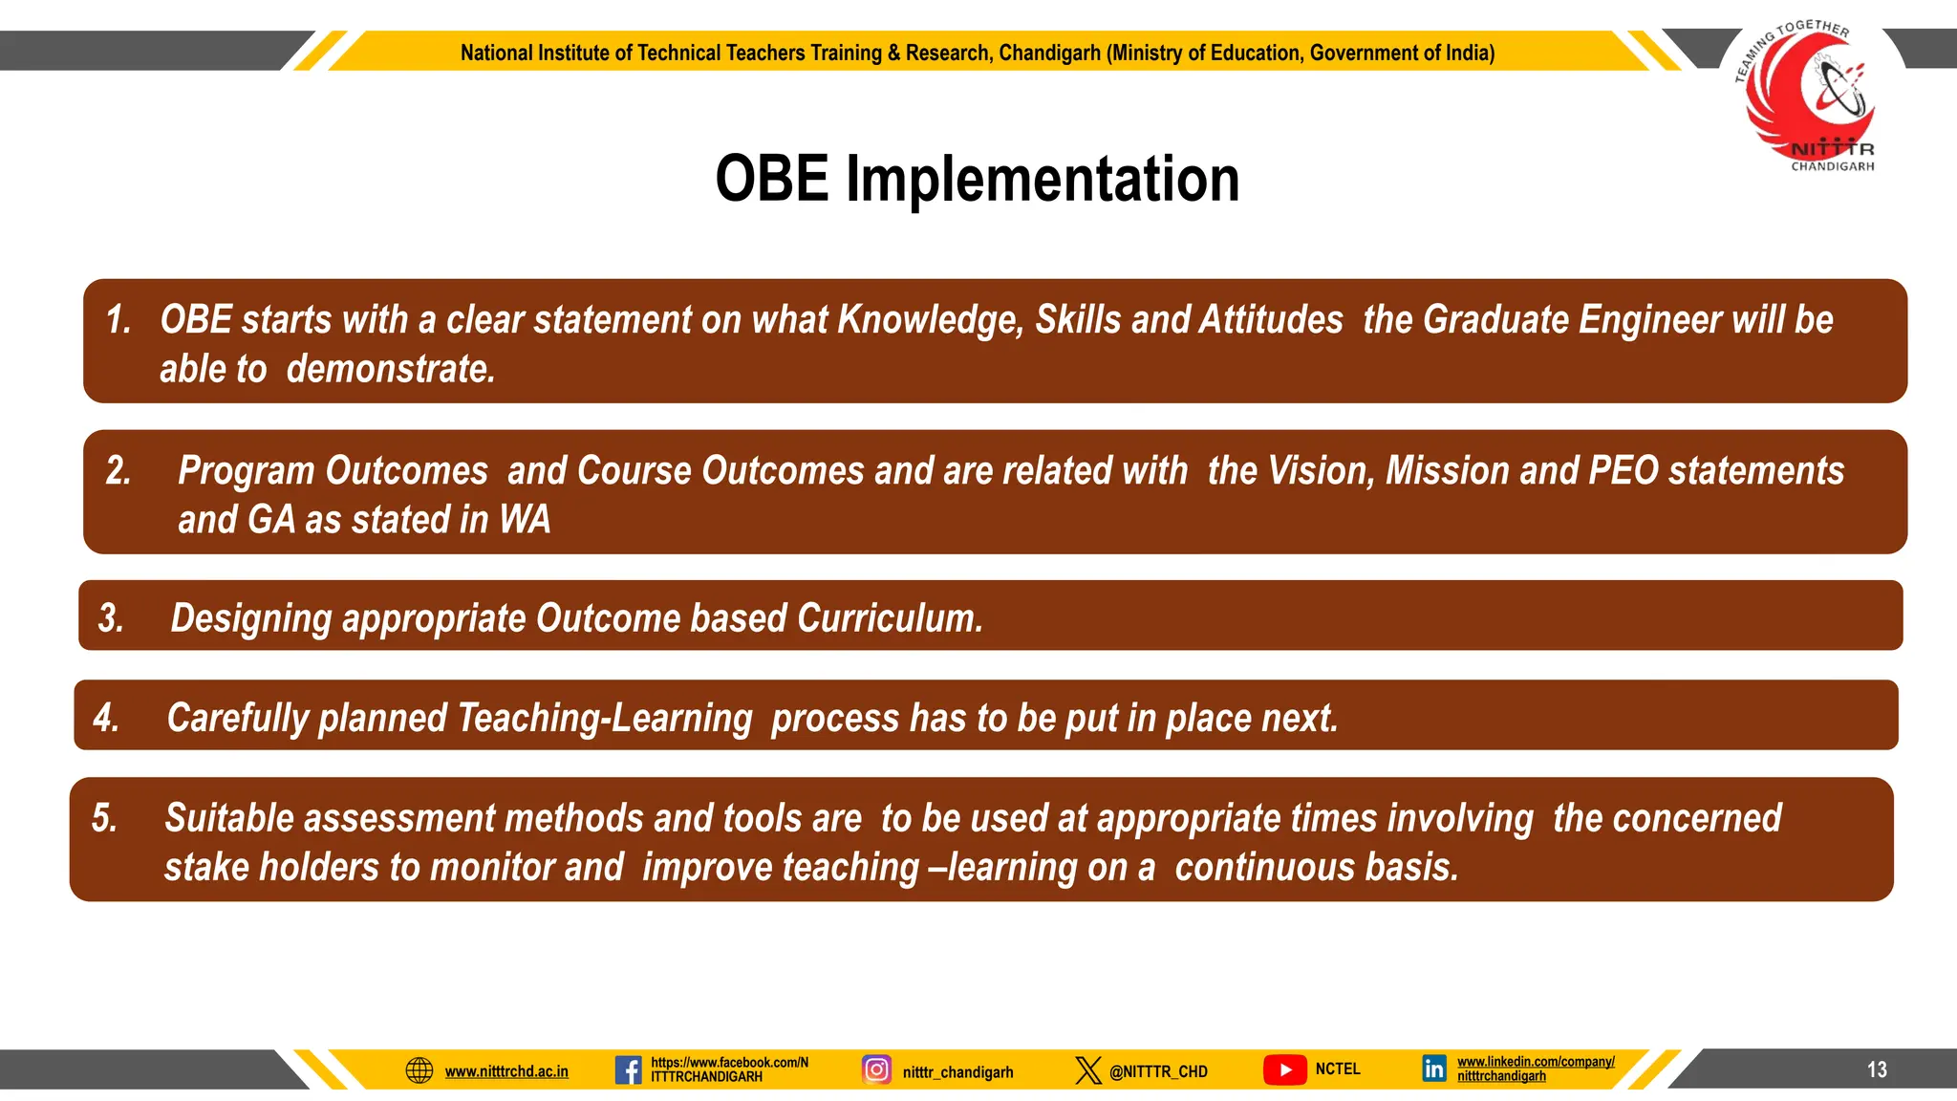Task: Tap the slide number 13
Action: pos(1877,1069)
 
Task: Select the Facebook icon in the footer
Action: pos(628,1069)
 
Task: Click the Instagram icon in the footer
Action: pos(876,1069)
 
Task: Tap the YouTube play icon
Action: pos(1284,1069)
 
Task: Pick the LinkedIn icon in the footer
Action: pos(1433,1069)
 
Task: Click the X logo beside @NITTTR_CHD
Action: pos(1087,1069)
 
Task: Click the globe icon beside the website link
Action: pos(419,1070)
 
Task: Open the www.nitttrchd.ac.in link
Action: pos(506,1071)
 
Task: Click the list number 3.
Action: pos(111,618)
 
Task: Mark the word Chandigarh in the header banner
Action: pos(1049,53)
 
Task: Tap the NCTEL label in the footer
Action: pos(1337,1069)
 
